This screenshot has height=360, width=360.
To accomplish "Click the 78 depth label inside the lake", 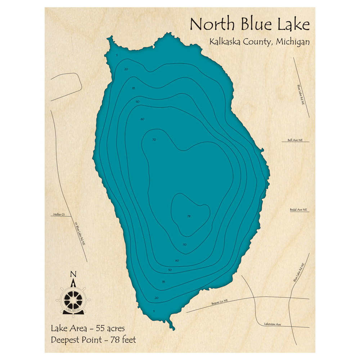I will pos(189,216).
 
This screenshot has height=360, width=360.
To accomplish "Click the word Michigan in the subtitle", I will pos(293,42).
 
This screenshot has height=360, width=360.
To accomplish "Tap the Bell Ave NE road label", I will pos(295,140).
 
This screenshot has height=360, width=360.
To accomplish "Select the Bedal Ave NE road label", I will pos(298,210).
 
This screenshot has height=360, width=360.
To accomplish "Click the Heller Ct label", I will pos(59,215).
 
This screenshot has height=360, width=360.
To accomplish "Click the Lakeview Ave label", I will pos(272,324).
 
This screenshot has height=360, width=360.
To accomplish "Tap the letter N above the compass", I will pos(73,274).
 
